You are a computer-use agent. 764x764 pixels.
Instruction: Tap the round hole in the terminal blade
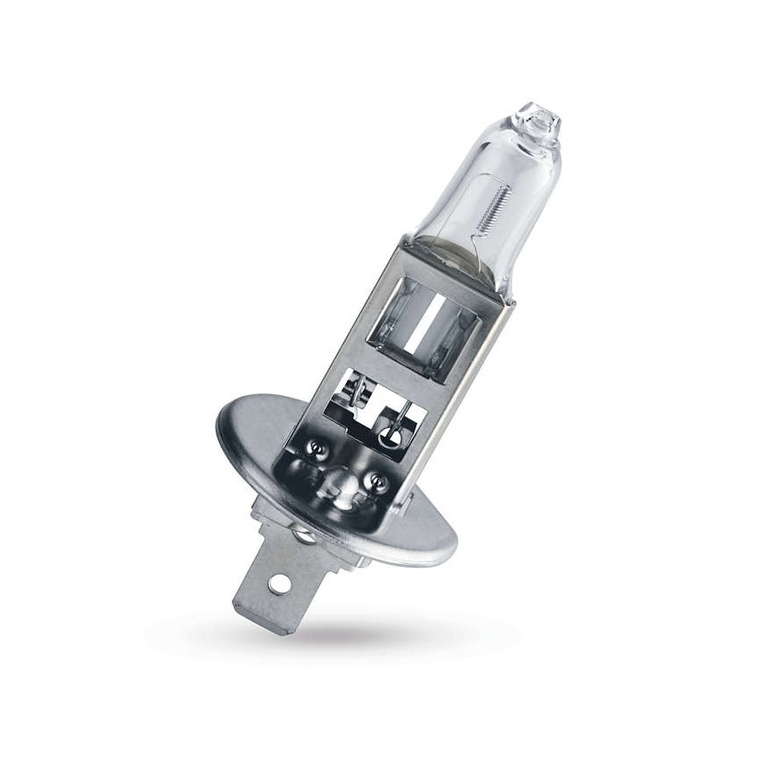(283, 582)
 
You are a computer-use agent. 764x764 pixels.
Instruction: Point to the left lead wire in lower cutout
(354, 393)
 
